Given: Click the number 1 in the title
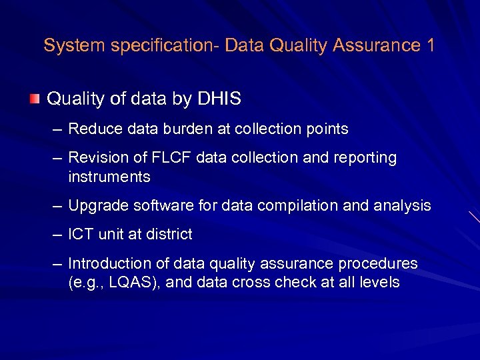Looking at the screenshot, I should (x=429, y=45).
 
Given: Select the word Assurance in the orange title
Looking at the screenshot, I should (x=373, y=45).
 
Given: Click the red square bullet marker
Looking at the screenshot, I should (x=34, y=99).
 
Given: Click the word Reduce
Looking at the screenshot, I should (x=91, y=129).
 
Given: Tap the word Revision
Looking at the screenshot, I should (x=94, y=158).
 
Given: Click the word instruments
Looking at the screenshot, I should (x=109, y=177).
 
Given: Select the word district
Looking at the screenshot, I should (x=169, y=235).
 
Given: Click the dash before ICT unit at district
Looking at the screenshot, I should (x=57, y=235).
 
